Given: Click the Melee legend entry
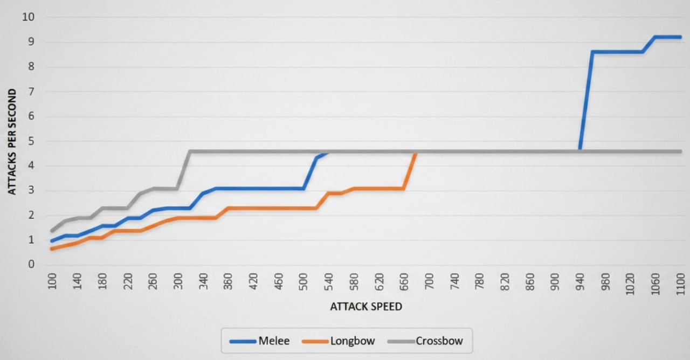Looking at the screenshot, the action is point(259,341).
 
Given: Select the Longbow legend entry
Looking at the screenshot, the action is point(339,341).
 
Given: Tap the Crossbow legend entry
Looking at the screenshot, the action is point(425,341).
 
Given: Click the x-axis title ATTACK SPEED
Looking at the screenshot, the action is point(366,307).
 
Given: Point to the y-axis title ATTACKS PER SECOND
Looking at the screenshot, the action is point(12,142).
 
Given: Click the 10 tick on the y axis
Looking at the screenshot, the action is point(28,17).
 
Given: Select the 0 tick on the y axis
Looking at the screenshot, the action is point(31,264).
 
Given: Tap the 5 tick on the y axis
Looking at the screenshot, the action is point(31,141).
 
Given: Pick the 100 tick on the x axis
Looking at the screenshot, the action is point(52,281).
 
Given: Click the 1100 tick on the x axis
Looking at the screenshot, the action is point(680,284).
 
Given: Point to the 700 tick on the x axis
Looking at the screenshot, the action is point(429,281).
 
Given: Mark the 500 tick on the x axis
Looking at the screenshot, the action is point(303,281).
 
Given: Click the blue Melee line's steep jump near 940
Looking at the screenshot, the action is point(586,101).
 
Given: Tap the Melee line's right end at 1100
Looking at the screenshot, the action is point(680,37).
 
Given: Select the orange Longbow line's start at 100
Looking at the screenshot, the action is point(51,248).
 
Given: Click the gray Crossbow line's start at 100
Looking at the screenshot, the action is point(51,231).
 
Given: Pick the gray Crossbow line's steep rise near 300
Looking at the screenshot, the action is point(183,170).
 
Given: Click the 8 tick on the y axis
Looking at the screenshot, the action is point(31,66).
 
